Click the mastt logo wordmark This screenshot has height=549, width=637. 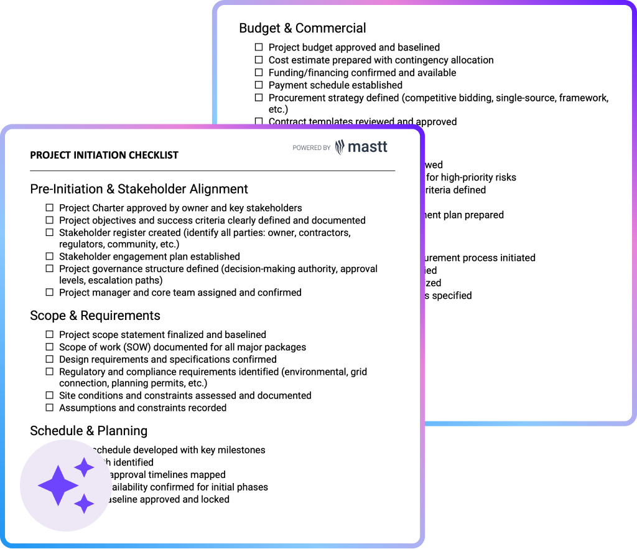[x=368, y=147]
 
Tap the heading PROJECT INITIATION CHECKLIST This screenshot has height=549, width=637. [x=104, y=155]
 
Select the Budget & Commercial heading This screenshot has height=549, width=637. [x=302, y=28]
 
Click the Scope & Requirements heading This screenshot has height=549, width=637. [x=95, y=316]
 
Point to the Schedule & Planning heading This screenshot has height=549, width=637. [x=88, y=431]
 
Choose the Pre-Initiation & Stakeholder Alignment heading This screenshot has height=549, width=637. [x=139, y=189]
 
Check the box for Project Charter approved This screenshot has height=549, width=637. [x=50, y=208]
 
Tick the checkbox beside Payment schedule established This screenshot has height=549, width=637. [x=259, y=85]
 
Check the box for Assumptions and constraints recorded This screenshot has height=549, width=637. [x=50, y=408]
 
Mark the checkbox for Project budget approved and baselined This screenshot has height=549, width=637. [x=259, y=48]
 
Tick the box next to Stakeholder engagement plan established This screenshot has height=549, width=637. [x=50, y=256]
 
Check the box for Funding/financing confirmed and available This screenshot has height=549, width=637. [x=259, y=73]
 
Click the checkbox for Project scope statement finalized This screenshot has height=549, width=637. [x=50, y=335]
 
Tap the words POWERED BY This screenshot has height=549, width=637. [x=311, y=148]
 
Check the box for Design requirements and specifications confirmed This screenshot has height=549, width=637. [x=50, y=360]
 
